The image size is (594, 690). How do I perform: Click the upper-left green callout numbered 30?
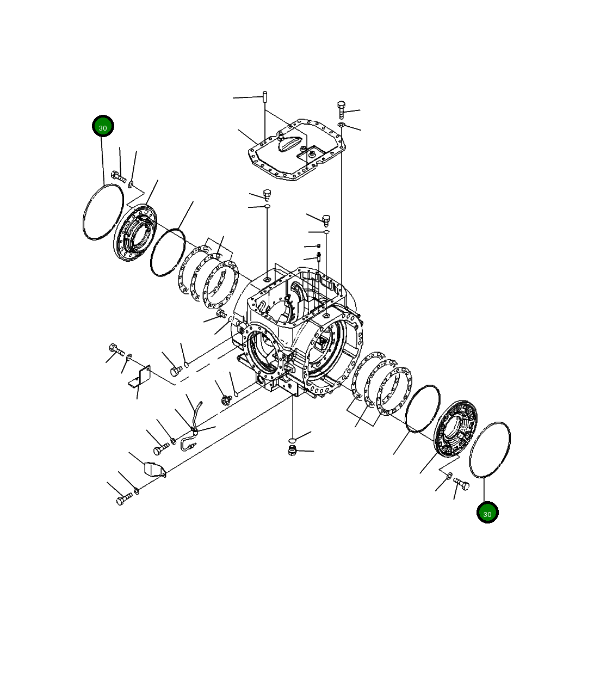103,126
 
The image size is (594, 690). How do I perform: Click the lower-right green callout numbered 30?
487,512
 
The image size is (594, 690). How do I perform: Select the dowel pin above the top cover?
264,97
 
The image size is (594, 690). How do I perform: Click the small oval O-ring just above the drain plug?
293,439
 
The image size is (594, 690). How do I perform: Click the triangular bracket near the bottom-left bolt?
155,469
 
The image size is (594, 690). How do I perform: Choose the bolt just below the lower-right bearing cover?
461,483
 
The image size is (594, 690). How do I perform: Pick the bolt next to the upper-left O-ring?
118,176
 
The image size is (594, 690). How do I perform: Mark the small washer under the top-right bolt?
341,126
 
